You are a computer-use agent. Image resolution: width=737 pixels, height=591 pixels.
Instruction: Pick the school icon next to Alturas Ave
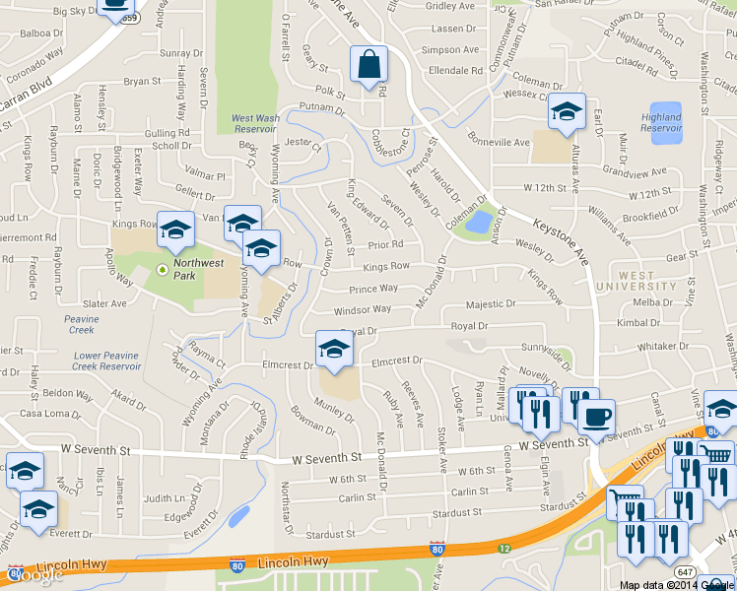pos(567,114)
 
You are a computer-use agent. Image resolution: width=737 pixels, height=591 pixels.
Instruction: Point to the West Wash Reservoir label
pos(254,123)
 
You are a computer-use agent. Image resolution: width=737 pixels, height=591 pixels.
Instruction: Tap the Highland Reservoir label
pos(661,123)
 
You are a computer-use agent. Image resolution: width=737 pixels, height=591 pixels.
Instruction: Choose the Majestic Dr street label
pos(491,305)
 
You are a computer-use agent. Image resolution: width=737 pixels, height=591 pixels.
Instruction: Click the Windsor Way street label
pos(363,310)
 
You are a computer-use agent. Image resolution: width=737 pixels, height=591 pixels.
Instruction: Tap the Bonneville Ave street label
pos(499,141)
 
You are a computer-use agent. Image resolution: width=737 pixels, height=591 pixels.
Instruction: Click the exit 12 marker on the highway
pos(503,548)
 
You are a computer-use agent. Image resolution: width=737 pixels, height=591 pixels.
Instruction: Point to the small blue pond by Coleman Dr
pos(479,223)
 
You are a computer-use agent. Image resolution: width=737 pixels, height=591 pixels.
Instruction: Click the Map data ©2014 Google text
pos(676,585)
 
